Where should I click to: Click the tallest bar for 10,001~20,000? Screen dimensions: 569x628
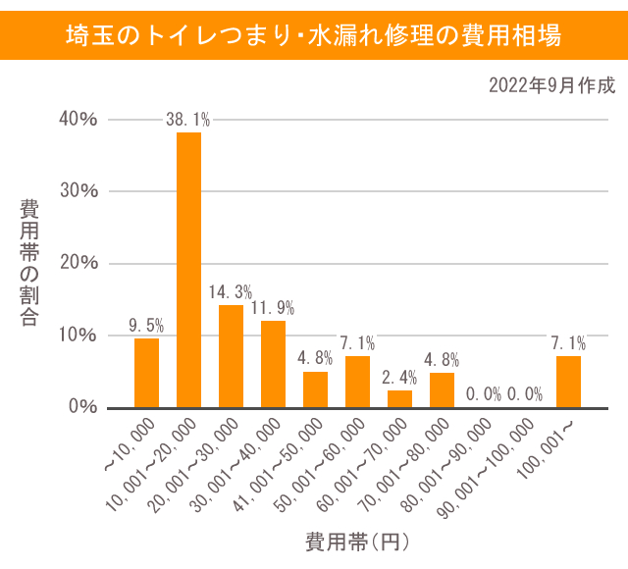coord(188,270)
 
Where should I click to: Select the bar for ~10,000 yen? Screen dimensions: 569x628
coord(146,373)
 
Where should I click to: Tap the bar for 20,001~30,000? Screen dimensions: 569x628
coord(231,356)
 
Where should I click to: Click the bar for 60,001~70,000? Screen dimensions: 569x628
coord(399,398)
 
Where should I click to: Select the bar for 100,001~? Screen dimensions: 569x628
coord(568,382)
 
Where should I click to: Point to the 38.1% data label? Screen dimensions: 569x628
coord(188,121)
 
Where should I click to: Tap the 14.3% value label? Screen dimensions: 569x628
coord(231,292)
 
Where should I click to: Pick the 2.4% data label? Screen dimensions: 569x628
coord(399,378)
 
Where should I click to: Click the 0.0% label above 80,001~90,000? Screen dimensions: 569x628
coord(484,394)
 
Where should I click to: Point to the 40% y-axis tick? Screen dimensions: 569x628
coord(78,120)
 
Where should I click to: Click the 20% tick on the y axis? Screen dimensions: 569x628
coord(78,263)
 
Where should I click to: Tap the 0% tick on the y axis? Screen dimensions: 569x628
coord(83,406)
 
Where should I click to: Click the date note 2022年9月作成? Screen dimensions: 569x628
coord(551,85)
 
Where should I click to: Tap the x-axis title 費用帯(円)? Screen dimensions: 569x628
coord(356,541)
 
